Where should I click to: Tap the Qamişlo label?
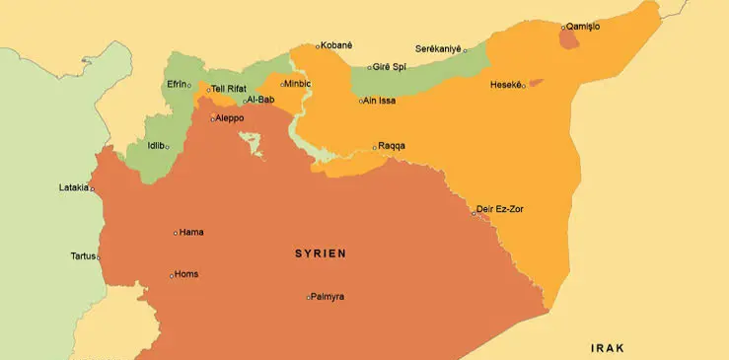[x=583, y=26]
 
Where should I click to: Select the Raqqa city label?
[x=392, y=146]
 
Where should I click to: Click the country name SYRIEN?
[x=321, y=253]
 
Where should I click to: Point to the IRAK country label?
[x=608, y=348]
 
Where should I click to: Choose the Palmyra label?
[x=328, y=296]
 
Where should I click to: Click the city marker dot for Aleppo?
[x=211, y=119]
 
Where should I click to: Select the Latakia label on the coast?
[x=73, y=187]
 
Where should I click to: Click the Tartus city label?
[x=83, y=255]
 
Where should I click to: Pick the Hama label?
[x=191, y=233]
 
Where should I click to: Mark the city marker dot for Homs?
[x=172, y=275]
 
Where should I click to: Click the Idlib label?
[x=155, y=146]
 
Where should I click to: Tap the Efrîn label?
[x=177, y=84]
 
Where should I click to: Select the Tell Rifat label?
[x=229, y=89]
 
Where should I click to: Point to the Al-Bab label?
[x=260, y=100]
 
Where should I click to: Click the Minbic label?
[x=299, y=84]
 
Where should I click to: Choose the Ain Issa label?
[x=380, y=100]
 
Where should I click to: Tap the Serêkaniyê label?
[x=438, y=48]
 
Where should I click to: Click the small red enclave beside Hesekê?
[x=536, y=83]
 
